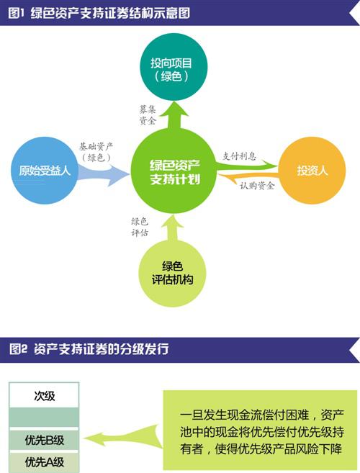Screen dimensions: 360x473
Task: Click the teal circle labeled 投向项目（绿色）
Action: [x=174, y=67]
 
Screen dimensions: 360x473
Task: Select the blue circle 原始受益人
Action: [x=45, y=171]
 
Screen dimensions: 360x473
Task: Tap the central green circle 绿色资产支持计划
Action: [x=174, y=171]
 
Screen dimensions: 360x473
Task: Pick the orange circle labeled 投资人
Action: [x=312, y=171]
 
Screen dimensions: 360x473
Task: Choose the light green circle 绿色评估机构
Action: [x=172, y=274]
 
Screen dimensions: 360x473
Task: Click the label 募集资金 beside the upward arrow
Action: [x=148, y=115]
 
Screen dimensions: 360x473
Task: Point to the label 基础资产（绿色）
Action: [x=96, y=152]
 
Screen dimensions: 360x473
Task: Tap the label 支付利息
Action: [x=239, y=156]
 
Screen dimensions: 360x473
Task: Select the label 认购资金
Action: [x=257, y=186]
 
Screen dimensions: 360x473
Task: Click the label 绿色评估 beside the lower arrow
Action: [x=140, y=228]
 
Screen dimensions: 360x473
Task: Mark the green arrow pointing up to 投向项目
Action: [x=174, y=116]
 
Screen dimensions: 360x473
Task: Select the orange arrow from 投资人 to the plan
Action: [x=247, y=177]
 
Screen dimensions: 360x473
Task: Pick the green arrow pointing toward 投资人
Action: [x=245, y=165]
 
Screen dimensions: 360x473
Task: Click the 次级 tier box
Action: [x=44, y=395]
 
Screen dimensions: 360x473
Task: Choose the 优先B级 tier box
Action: [x=44, y=440]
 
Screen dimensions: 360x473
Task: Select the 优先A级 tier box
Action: [x=44, y=462]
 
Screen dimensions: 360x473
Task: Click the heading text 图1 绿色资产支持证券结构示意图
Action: [x=99, y=13]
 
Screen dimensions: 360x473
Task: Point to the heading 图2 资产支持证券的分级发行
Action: [x=89, y=349]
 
